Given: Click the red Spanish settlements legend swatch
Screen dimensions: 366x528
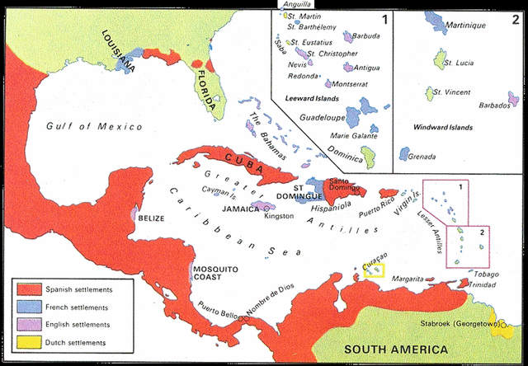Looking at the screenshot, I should pos(30,289).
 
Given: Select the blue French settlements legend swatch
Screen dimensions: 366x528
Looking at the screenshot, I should pos(30,307).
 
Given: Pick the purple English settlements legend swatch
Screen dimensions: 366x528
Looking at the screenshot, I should pos(30,324).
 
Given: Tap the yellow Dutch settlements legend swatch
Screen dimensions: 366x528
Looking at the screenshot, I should pos(30,341).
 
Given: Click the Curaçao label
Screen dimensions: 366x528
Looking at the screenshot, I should pos(374,258).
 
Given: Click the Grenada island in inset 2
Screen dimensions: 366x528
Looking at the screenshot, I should pos(404,154).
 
